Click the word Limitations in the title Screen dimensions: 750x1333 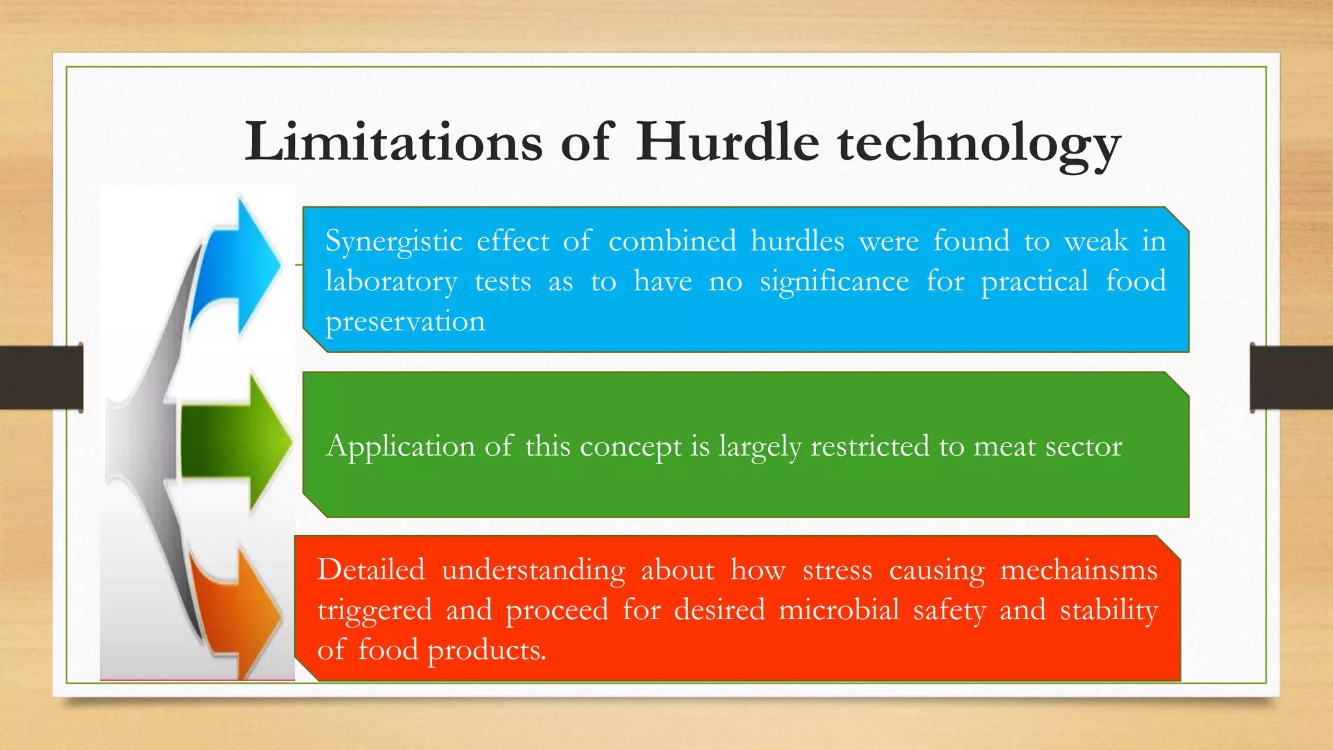[393, 142]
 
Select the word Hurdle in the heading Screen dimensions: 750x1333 [727, 142]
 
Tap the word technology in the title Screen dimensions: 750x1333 [979, 145]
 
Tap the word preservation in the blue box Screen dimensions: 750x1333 [405, 322]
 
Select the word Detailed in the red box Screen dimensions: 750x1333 [371, 570]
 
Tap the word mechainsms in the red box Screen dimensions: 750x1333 [1079, 570]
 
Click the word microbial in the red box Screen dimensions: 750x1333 [838, 611]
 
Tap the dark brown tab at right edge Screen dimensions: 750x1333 [1291, 378]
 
